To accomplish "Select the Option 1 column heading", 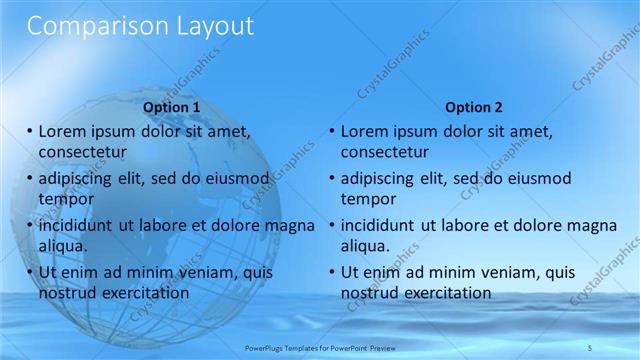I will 172,107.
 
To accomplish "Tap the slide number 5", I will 590,347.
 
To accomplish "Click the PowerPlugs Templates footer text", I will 319,347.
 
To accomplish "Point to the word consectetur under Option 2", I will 385,153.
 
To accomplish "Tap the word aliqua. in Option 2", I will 367,246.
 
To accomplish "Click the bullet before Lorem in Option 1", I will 29,131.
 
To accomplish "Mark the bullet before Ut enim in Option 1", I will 29,272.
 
